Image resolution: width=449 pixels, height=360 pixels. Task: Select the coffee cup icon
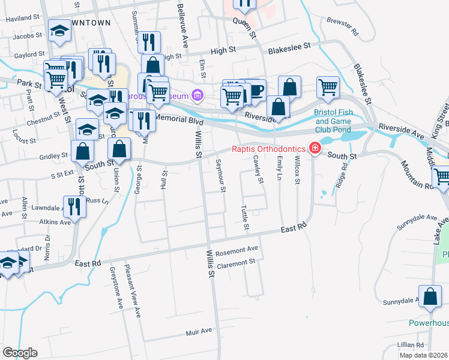pos(256,90)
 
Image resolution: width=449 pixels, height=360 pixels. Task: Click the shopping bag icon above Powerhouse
pos(430,296)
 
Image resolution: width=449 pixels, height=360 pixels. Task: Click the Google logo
pos(20,353)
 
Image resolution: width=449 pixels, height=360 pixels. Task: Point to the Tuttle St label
pos(245,219)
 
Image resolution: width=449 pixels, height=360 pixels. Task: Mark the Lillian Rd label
pos(411,345)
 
